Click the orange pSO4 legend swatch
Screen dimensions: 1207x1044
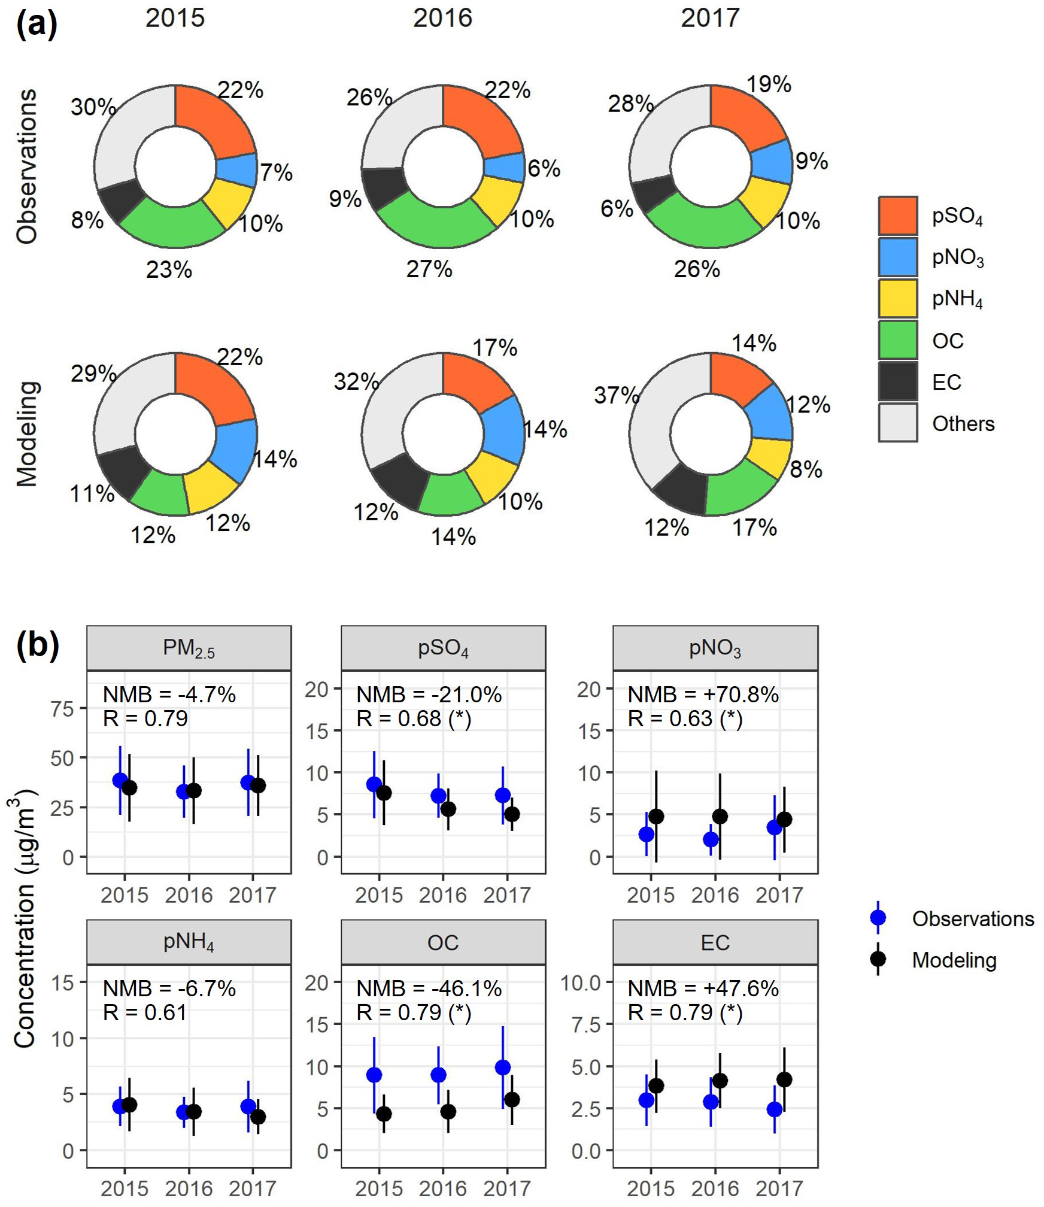tap(897, 216)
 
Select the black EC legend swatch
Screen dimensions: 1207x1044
tap(897, 381)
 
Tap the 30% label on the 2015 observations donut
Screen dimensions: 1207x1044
tap(93, 107)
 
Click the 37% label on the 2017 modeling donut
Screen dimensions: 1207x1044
tap(616, 395)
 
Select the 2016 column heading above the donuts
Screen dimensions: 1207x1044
tap(442, 18)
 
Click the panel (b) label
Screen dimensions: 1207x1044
tap(37, 646)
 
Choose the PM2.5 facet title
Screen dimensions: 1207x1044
tap(189, 648)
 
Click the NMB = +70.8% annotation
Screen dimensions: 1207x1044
tap(703, 695)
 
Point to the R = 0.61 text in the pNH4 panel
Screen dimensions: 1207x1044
tap(145, 1012)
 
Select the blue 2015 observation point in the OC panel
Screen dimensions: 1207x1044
tap(374, 1075)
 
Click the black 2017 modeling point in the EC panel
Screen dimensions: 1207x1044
tap(784, 1079)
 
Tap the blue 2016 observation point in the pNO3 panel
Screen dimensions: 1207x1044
tap(711, 839)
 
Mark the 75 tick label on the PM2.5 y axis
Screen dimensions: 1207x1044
tap(62, 709)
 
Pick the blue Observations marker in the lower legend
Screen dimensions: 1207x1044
tap(878, 918)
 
